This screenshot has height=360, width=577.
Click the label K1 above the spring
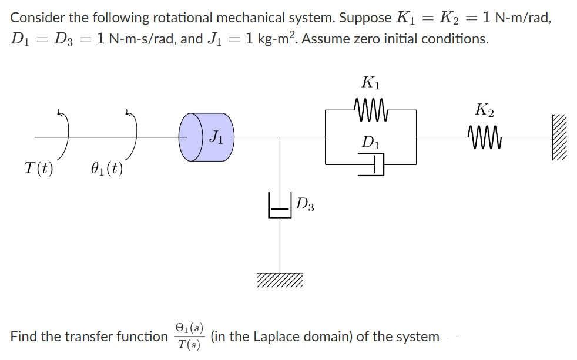(x=371, y=83)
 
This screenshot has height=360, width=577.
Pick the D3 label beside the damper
(x=304, y=205)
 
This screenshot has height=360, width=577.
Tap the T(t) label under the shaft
(x=39, y=169)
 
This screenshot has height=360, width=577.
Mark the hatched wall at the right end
(x=561, y=138)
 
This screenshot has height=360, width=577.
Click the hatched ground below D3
(x=280, y=281)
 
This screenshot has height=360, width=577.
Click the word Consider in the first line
(x=35, y=18)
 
